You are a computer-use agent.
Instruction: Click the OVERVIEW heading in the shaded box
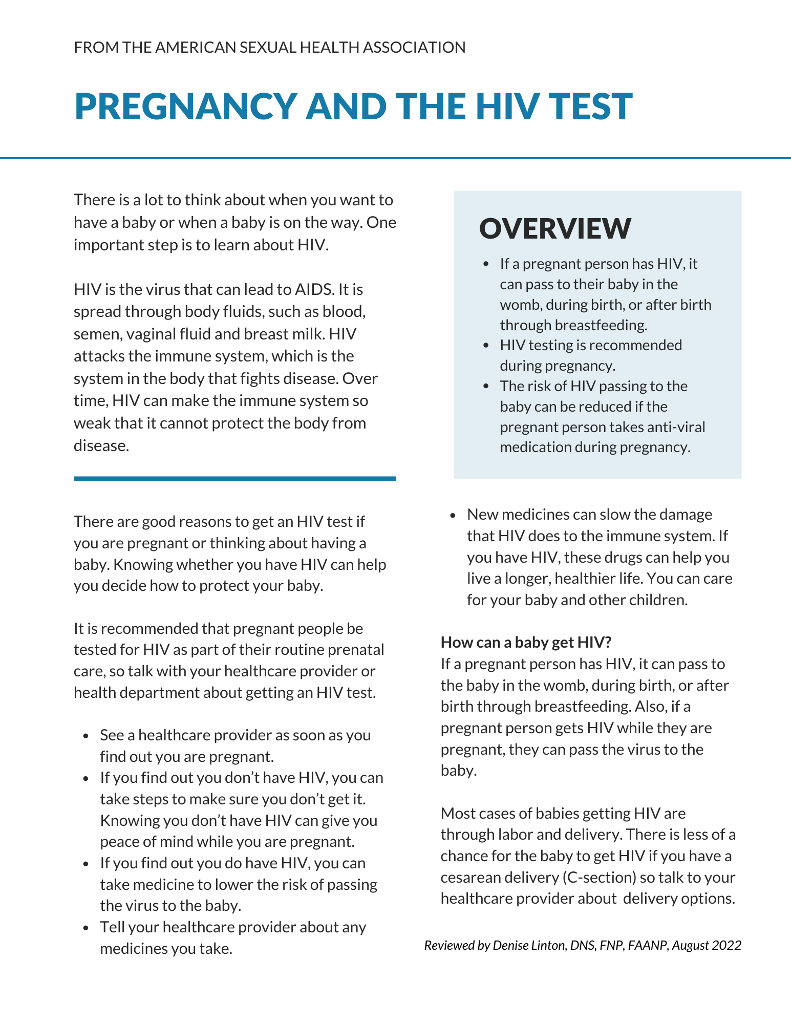pyautogui.click(x=555, y=228)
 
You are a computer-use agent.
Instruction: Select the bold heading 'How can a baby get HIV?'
pyautogui.click(x=526, y=642)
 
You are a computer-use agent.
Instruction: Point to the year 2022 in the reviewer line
pyautogui.click(x=726, y=945)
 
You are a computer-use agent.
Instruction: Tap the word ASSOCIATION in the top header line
pyautogui.click(x=414, y=48)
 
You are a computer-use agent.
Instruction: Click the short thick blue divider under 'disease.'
pyautogui.click(x=234, y=479)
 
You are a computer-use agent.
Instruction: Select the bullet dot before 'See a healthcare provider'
pyautogui.click(x=87, y=736)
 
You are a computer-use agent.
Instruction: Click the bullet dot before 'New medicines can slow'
pyautogui.click(x=453, y=516)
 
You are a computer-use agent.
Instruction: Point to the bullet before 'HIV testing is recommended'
pyautogui.click(x=486, y=346)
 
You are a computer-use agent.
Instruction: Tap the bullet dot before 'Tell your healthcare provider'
pyautogui.click(x=87, y=928)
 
